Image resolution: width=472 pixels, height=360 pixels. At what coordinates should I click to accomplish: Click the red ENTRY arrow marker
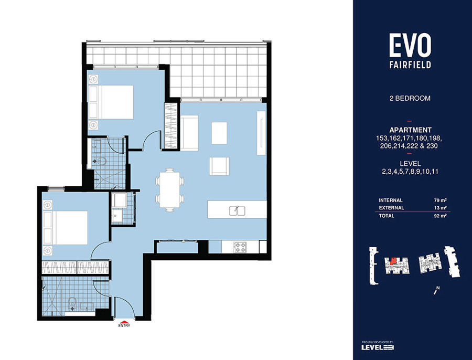pos(124,321)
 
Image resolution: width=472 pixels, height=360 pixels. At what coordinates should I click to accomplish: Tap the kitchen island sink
pos(237,210)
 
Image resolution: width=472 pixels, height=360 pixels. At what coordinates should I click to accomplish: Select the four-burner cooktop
pos(240,247)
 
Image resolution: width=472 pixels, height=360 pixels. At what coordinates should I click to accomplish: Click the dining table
pos(170,189)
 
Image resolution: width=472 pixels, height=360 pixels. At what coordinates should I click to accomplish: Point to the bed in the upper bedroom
pos(111,102)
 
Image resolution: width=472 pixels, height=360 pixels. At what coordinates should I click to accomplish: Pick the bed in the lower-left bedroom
pos(66,228)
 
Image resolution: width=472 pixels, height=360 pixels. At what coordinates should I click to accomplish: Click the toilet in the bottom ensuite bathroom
pos(72,304)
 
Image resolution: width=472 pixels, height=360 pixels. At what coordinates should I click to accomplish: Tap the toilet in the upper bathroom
pos(101,162)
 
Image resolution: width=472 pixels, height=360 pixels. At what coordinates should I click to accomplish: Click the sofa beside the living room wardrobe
pos(189,133)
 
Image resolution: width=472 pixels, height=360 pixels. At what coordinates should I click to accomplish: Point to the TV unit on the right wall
pos(261,133)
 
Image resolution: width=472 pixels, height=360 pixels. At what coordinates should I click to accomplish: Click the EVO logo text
pos(410,45)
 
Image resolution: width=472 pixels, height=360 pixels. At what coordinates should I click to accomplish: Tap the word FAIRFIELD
pos(410,65)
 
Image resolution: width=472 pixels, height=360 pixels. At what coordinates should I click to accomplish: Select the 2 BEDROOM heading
pos(410,98)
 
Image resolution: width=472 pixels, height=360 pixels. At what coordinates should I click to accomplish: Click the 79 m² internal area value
pos(440,200)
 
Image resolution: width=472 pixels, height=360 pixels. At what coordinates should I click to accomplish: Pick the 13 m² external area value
pos(440,208)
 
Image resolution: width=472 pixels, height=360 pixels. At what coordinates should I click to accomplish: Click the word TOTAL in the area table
pos(387,216)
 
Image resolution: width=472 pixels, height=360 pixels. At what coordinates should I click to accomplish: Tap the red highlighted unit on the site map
pos(393,261)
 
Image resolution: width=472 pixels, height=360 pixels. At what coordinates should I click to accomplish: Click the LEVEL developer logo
pos(378,347)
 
